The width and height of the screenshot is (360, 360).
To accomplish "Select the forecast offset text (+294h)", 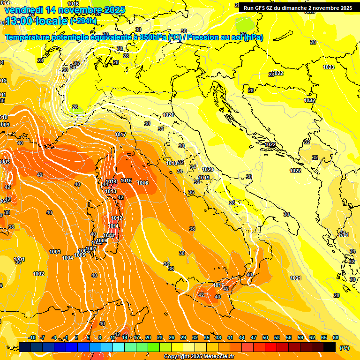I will point(83,21).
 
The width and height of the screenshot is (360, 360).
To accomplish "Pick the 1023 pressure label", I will point(329,67).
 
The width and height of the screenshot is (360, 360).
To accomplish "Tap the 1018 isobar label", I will point(172,163).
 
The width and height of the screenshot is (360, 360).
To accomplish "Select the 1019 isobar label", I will point(204,178).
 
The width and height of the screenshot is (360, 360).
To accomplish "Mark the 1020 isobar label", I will point(208,169).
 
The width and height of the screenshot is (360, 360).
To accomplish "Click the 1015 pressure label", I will point(126,180).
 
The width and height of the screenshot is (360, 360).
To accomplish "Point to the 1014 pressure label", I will point(111,181).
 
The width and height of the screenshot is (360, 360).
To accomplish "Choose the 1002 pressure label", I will point(38,274).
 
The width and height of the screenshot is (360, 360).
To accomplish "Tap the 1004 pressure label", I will point(67,258).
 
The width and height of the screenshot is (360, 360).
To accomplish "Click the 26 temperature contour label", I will point(75,107).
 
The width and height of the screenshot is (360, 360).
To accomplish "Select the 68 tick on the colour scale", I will point(336,337).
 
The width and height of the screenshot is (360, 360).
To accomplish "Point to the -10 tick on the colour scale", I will point(32,337).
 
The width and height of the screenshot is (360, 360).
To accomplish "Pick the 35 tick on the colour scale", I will point(207,337).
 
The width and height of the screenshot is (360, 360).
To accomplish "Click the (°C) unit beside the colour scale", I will point(345,348).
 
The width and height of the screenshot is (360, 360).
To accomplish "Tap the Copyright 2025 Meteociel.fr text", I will point(199,356).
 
